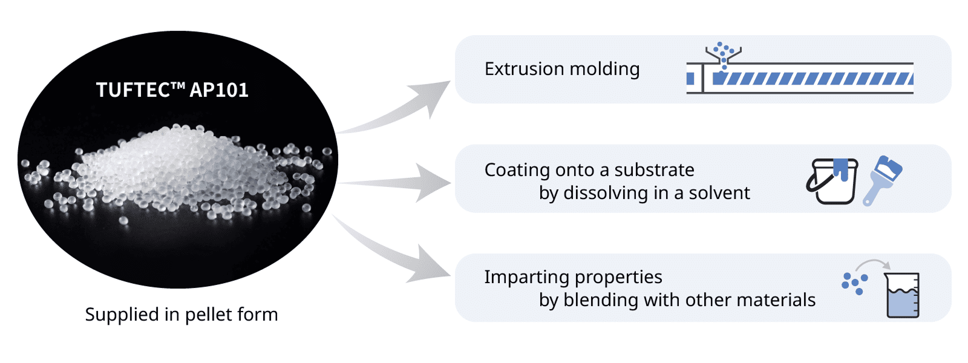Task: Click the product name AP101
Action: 219,90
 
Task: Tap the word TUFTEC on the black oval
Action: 133,90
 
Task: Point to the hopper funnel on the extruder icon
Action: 723,56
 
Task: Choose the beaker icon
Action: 902,295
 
